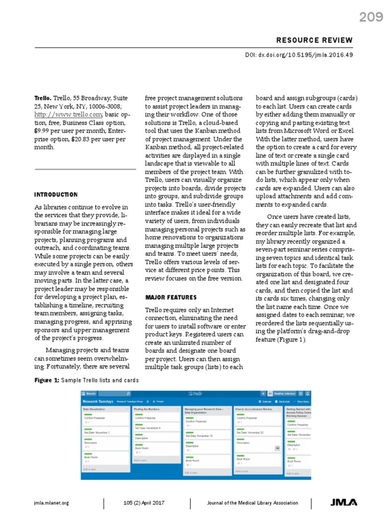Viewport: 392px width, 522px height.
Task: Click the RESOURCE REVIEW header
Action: tap(314, 40)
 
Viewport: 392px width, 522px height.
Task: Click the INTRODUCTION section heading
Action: tap(56, 195)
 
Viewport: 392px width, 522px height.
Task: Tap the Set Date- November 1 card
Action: tap(97, 432)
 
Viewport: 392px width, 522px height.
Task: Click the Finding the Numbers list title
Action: tap(148, 409)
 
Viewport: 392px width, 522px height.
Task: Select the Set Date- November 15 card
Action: tap(199, 436)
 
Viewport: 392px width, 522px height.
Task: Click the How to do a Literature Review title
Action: tap(254, 409)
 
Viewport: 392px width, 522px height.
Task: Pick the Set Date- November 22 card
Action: tap(250, 432)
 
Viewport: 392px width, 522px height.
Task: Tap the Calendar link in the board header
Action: tap(266, 402)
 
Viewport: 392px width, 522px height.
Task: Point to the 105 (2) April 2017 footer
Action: tap(146, 503)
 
